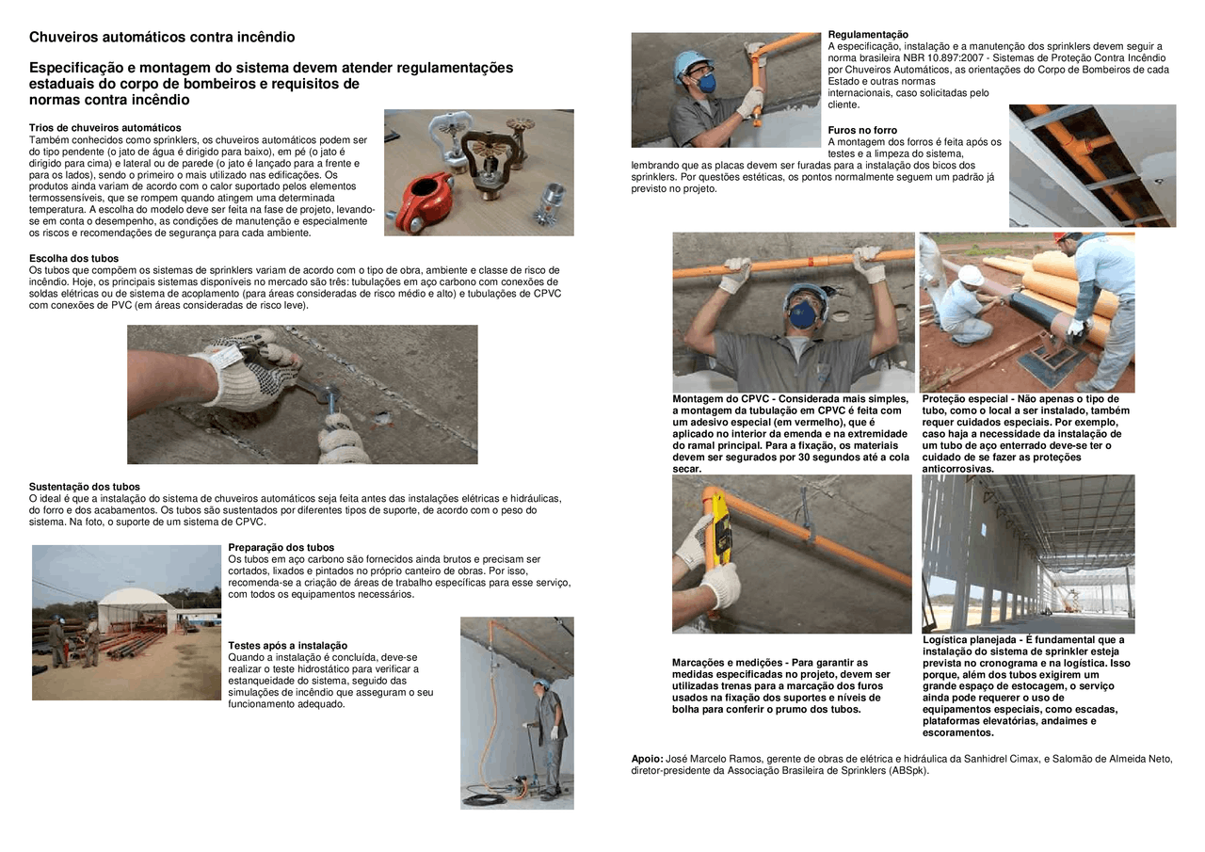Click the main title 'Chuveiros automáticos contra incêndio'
pos(161,38)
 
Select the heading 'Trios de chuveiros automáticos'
pos(104,127)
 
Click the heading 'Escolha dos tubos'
pos(73,258)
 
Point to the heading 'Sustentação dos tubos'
pos(84,487)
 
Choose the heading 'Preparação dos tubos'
pos(281,547)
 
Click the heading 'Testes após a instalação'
pos(287,645)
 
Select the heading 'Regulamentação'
pos(868,35)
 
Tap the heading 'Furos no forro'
pos(862,130)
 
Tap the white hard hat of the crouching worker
pos(971,275)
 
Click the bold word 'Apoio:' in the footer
pos(647,759)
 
